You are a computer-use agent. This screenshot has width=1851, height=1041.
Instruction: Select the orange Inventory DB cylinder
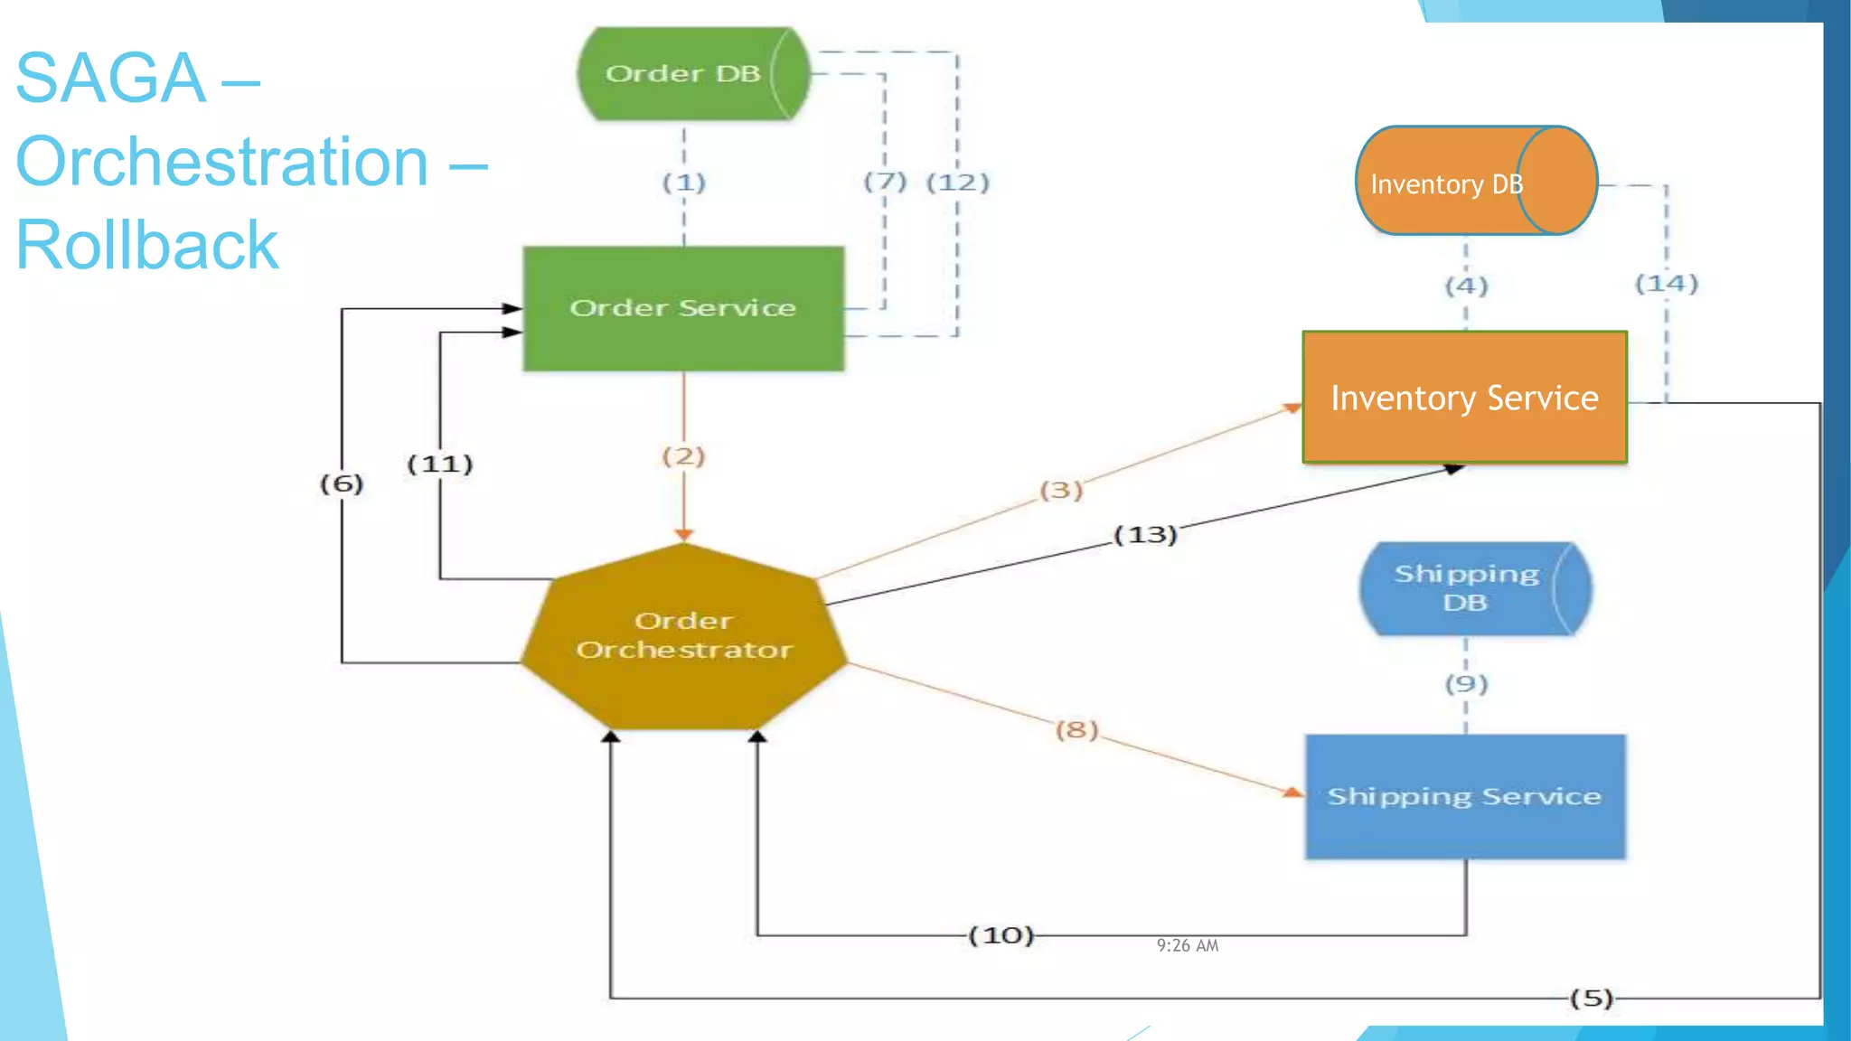[1475, 181]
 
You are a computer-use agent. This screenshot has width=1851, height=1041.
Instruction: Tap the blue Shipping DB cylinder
[1475, 588]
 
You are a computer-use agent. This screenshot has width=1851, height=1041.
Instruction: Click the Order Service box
[683, 308]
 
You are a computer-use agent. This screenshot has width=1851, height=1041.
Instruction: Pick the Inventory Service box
[1464, 398]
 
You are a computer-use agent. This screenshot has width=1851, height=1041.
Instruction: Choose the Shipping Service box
[1464, 796]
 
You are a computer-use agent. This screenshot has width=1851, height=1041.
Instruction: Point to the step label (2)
[683, 455]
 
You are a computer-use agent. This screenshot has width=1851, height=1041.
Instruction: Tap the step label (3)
[1061, 490]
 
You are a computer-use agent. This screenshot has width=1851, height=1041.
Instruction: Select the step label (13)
[1145, 535]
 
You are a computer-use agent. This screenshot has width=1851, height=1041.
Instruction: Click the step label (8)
[1076, 728]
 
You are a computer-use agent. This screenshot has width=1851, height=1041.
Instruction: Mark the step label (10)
[1001, 934]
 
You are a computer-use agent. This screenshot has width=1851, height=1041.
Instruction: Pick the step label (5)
[1591, 998]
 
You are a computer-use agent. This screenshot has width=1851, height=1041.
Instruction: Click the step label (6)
[342, 483]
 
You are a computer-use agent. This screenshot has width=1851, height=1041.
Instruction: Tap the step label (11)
[440, 464]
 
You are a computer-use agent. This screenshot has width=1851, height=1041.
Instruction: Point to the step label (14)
[1667, 284]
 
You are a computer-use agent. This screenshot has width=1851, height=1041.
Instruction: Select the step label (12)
[958, 183]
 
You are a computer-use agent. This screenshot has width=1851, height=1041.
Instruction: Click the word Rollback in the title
[147, 245]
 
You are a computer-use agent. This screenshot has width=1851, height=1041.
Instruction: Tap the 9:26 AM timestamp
[1188, 945]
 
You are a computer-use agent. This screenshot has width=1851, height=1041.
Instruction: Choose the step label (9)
[1466, 683]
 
